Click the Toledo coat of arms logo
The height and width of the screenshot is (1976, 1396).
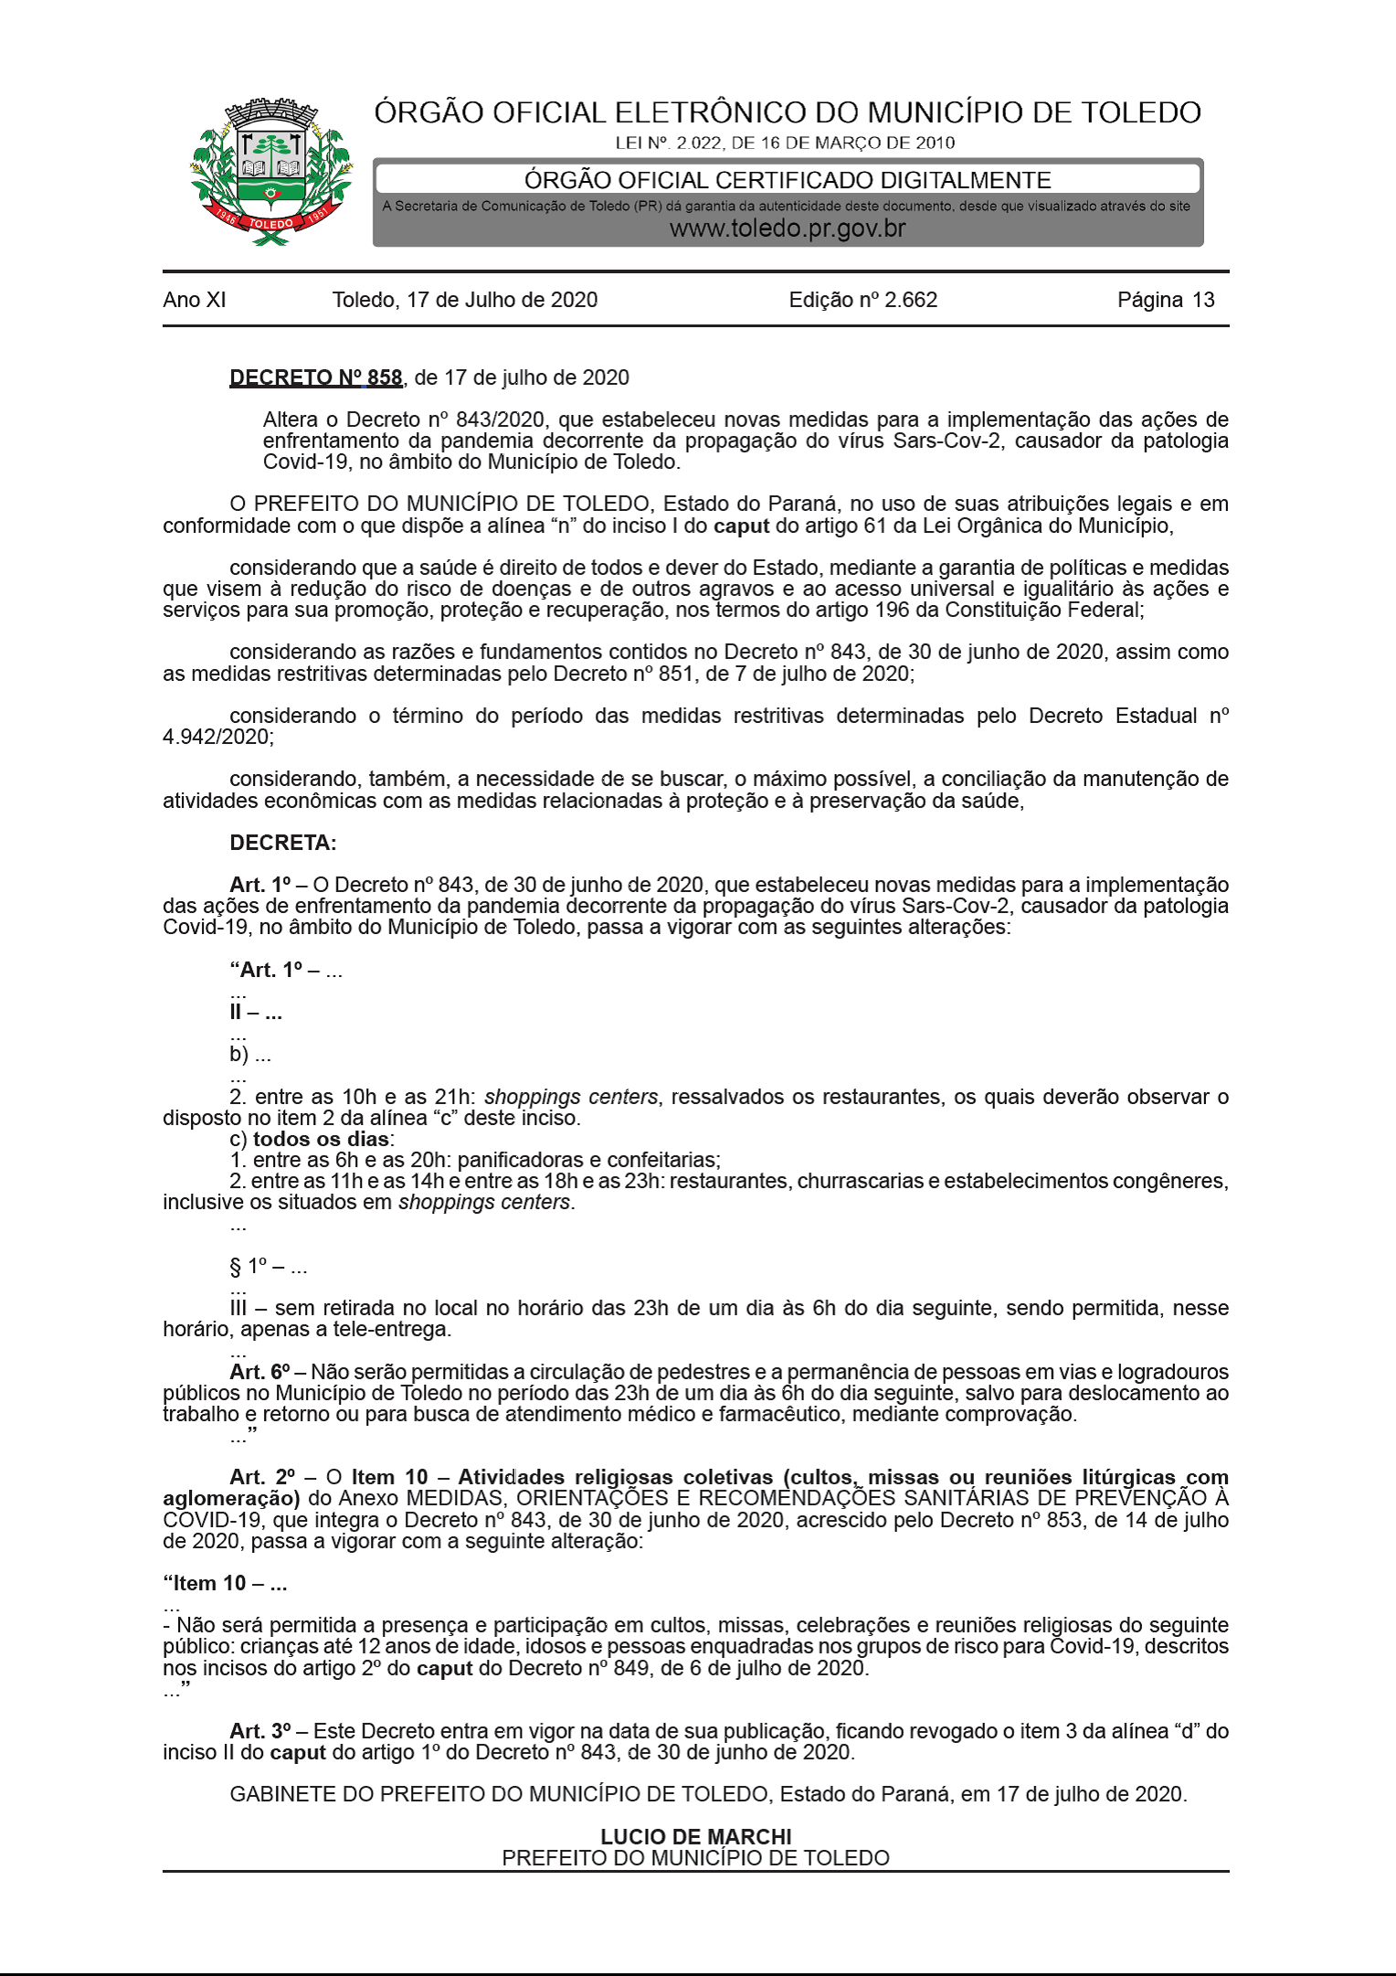(270, 172)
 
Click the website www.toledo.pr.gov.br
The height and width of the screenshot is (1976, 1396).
(788, 228)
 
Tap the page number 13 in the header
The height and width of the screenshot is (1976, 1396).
(1203, 300)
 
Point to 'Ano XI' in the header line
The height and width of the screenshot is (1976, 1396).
(195, 300)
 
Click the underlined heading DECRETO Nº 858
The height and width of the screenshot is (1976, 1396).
(315, 377)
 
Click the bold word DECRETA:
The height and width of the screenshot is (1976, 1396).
(283, 843)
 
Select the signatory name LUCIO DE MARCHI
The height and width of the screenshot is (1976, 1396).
(696, 1836)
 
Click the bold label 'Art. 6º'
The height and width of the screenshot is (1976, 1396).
(259, 1372)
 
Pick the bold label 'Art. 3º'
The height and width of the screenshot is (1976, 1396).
(259, 1731)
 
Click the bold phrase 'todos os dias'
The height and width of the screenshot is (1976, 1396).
(321, 1139)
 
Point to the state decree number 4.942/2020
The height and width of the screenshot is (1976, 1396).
(217, 737)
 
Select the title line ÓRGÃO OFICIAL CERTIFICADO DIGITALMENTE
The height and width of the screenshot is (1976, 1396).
(788, 180)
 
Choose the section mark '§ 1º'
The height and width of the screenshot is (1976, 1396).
(249, 1267)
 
